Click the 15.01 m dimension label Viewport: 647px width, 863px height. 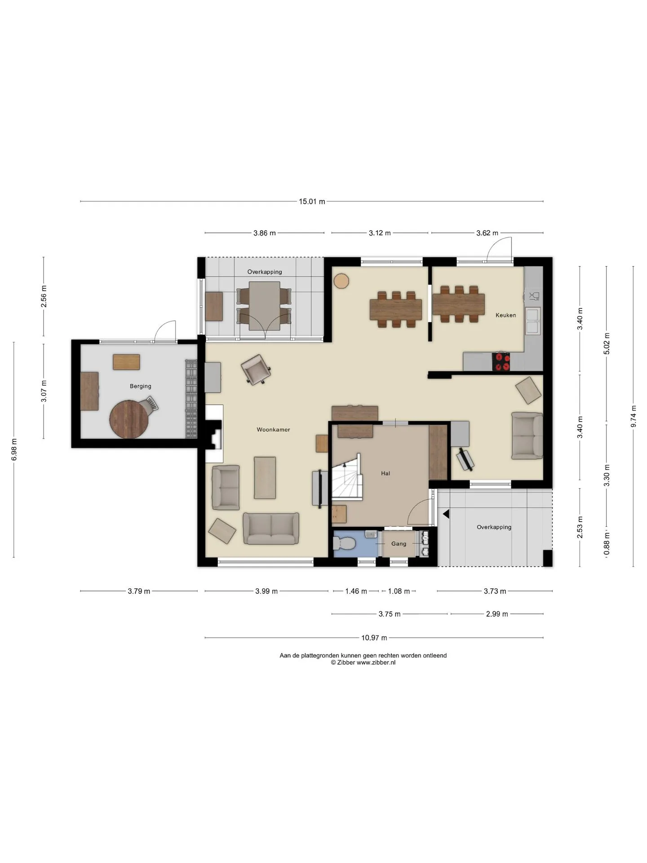click(312, 201)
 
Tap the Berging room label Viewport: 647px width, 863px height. click(140, 386)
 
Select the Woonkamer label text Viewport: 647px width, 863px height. click(273, 430)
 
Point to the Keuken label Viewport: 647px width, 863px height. click(505, 315)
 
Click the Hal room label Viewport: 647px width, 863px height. click(386, 473)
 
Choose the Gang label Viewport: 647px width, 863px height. click(399, 543)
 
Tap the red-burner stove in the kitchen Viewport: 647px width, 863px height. click(501, 362)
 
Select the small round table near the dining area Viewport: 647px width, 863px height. click(341, 281)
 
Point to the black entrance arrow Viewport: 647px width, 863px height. click(446, 514)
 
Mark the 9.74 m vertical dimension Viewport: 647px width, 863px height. click(634, 416)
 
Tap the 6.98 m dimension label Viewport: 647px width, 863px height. click(14, 449)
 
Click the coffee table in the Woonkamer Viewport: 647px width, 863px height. click(265, 477)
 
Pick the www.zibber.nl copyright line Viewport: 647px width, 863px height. click(363, 663)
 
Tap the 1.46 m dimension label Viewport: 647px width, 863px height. click(356, 591)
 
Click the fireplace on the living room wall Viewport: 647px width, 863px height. click(214, 434)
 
